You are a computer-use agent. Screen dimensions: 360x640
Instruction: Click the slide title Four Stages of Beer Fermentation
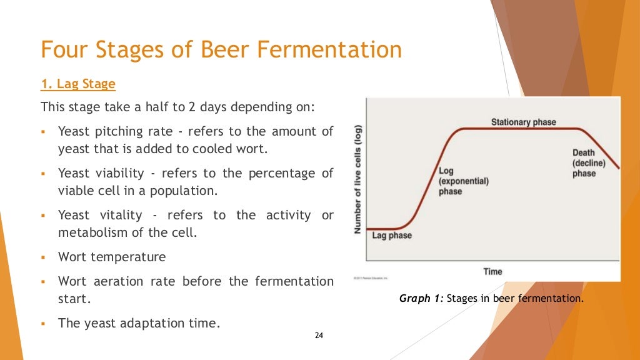pyautogui.click(x=221, y=49)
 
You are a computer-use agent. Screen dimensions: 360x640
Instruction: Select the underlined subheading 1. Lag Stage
pyautogui.click(x=78, y=84)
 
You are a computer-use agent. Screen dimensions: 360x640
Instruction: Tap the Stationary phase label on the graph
pyautogui.click(x=523, y=122)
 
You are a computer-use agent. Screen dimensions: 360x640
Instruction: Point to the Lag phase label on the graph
pyautogui.click(x=392, y=236)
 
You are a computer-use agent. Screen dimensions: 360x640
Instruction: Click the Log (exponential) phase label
pyautogui.click(x=463, y=181)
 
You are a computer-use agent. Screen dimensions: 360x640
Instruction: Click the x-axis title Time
pyautogui.click(x=492, y=271)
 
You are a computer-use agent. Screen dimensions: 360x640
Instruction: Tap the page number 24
pyautogui.click(x=319, y=336)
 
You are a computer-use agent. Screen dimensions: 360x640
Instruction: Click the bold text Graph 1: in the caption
pyautogui.click(x=421, y=299)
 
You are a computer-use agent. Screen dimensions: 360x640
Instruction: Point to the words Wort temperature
pyautogui.click(x=112, y=257)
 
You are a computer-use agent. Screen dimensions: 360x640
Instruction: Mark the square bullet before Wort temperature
pyautogui.click(x=44, y=257)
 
